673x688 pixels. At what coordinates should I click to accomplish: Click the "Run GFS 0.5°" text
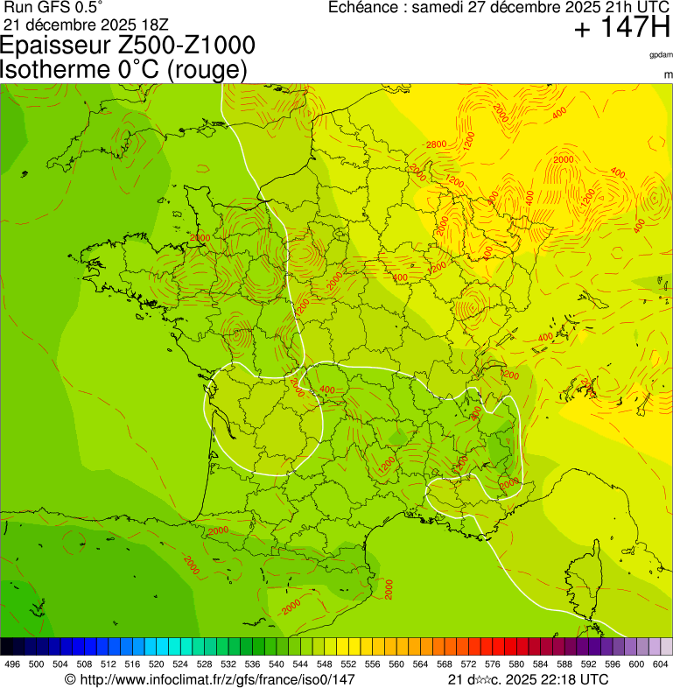(53, 8)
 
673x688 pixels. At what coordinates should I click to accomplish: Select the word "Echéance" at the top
(364, 8)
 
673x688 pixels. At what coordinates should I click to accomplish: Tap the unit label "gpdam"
(661, 55)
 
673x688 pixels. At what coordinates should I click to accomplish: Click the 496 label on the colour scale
(12, 664)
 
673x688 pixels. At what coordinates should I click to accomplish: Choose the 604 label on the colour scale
(661, 664)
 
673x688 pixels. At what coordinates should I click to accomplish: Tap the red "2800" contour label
(436, 144)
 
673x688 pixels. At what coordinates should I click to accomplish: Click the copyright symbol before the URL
(71, 679)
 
